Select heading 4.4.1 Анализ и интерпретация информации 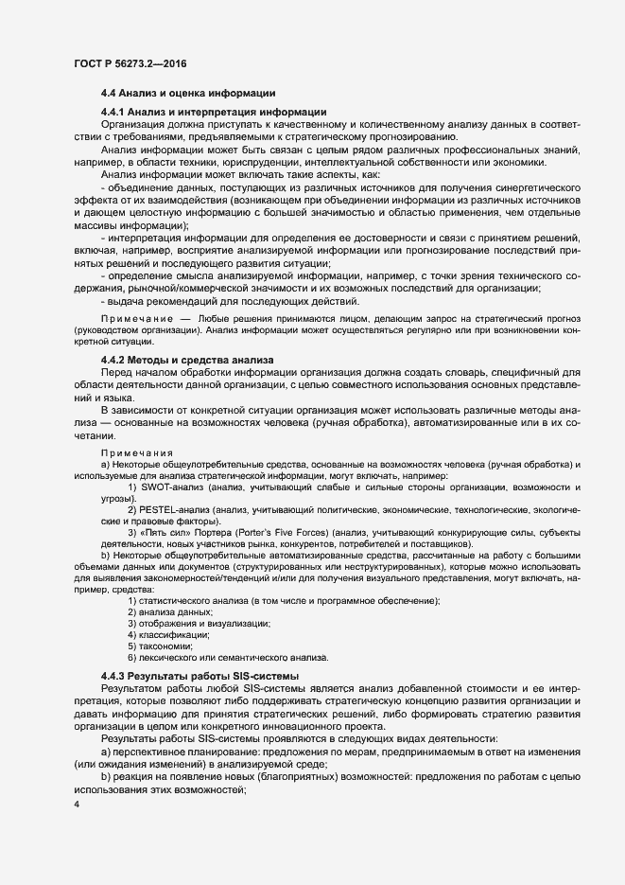click(x=200, y=112)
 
